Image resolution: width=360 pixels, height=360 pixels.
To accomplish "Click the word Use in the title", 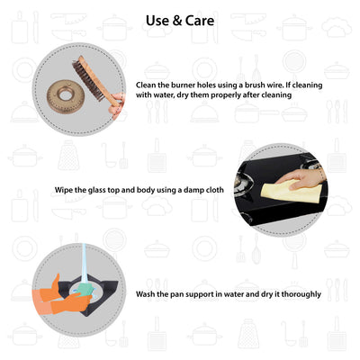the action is point(157,21).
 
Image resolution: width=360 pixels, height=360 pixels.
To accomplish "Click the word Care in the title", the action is point(200,21).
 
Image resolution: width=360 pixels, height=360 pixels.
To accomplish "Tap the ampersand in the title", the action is point(177,21).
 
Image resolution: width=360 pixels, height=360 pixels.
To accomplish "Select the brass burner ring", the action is point(64,96).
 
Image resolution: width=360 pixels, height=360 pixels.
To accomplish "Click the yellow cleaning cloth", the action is point(291,192).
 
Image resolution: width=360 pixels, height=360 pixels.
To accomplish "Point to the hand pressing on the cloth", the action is point(300,178).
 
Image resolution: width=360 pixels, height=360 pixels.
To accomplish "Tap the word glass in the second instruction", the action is point(97,190).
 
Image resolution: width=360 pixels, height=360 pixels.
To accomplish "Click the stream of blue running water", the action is point(85,264).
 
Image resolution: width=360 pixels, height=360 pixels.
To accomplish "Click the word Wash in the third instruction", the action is point(146,294).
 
